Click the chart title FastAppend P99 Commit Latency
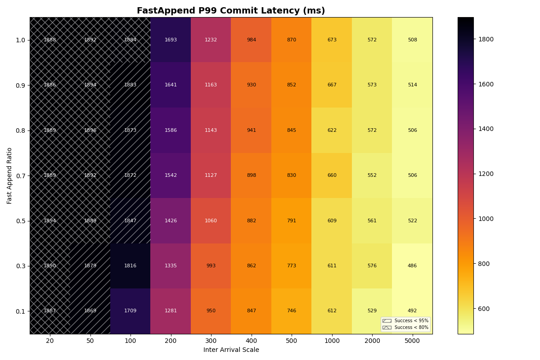pyautogui.click(x=231, y=11)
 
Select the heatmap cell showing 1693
pyautogui.click(x=171, y=40)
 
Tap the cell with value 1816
pyautogui.click(x=130, y=266)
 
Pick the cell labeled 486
pyautogui.click(x=412, y=266)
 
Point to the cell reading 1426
pyautogui.click(x=171, y=221)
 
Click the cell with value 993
pyautogui.click(x=211, y=266)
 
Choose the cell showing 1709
pyautogui.click(x=130, y=311)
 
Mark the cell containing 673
pyautogui.click(x=332, y=40)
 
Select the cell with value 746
pyautogui.click(x=291, y=311)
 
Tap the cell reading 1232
pyautogui.click(x=211, y=40)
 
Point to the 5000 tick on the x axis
pyautogui.click(x=412, y=341)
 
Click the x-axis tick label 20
pyautogui.click(x=50, y=341)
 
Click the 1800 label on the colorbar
pyautogui.click(x=486, y=39)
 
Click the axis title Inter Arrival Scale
pyautogui.click(x=231, y=350)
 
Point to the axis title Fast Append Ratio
pyautogui.click(x=9, y=175)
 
